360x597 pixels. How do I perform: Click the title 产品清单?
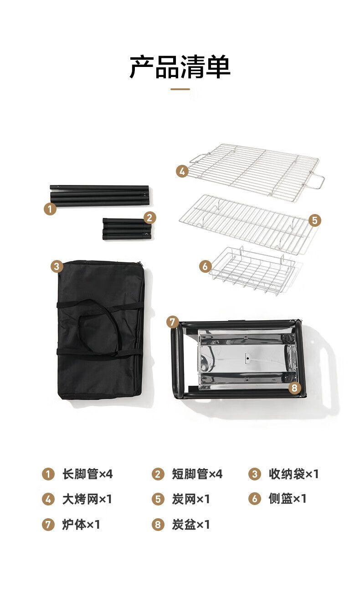(x=180, y=66)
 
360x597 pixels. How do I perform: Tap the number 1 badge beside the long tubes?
(x=50, y=209)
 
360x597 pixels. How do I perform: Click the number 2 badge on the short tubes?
(x=149, y=218)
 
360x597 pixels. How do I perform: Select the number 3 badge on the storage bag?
(x=57, y=266)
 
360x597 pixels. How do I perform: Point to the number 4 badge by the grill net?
(x=182, y=171)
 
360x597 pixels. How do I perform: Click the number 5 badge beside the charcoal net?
(x=315, y=220)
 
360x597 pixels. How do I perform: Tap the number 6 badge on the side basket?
(x=206, y=266)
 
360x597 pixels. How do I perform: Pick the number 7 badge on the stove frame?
(x=173, y=322)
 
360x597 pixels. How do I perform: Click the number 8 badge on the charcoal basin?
(x=294, y=388)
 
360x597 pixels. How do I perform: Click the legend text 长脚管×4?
(x=87, y=474)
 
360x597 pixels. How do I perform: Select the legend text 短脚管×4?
(x=197, y=474)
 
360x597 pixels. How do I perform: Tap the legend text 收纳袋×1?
(x=293, y=474)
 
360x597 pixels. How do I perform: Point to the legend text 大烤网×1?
(x=87, y=499)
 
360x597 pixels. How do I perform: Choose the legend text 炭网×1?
(x=190, y=499)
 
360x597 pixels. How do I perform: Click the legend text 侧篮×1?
(x=288, y=499)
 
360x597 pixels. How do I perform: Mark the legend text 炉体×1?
(x=81, y=525)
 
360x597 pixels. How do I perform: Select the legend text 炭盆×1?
(x=190, y=525)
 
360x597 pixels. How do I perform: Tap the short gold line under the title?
(x=180, y=89)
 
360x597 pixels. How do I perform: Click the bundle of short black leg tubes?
(x=127, y=229)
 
